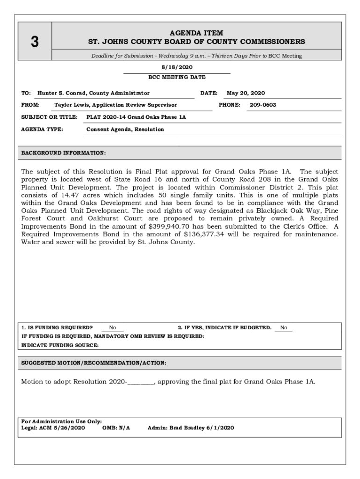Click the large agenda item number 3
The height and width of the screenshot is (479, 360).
point(34,42)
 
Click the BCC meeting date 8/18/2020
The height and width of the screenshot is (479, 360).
point(177,67)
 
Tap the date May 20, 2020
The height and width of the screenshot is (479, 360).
point(246,93)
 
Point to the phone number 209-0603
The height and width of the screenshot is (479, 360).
point(263,105)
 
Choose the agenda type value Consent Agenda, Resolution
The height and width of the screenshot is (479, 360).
point(125,129)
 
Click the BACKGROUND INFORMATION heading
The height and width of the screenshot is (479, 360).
point(64,153)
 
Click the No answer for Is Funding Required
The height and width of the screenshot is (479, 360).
point(113,327)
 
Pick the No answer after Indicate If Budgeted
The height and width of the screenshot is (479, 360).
point(284,327)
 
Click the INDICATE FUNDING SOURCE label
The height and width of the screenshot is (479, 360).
point(60,345)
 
